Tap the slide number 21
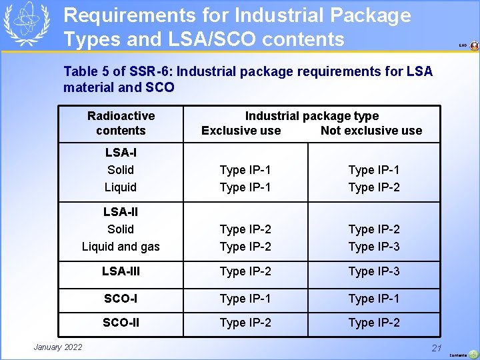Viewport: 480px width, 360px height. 437,347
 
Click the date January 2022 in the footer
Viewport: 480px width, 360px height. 58,347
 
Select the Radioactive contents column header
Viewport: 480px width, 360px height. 121,123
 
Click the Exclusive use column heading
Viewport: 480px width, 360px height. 241,131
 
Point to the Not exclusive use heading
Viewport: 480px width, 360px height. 371,131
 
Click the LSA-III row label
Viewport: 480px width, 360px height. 121,271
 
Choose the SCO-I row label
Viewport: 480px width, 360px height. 121,298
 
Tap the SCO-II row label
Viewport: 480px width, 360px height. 121,323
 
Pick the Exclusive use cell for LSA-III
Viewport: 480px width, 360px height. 245,271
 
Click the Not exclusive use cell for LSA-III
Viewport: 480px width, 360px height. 374,271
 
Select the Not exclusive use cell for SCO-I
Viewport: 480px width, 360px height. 374,298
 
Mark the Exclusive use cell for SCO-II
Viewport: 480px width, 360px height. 245,323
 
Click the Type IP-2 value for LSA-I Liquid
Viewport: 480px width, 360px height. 374,187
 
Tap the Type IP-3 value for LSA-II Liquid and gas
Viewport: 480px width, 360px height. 374,247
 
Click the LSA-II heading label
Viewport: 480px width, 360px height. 121,212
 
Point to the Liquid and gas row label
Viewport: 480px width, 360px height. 121,247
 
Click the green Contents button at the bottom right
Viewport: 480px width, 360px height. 473,355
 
